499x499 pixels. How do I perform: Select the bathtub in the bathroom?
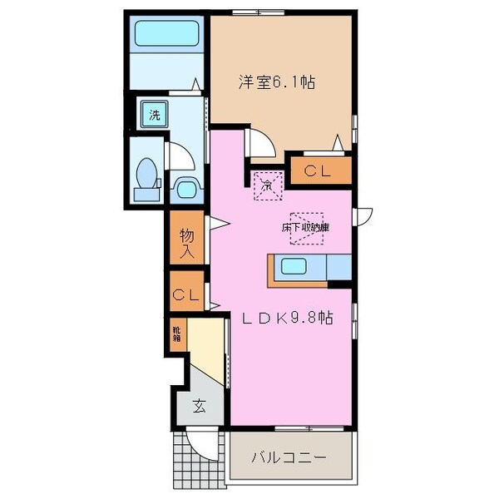(x=168, y=36)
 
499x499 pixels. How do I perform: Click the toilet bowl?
(x=146, y=176)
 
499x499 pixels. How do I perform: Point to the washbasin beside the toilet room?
(x=185, y=187)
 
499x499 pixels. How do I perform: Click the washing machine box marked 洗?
(x=154, y=113)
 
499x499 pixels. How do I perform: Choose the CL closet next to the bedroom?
(x=319, y=171)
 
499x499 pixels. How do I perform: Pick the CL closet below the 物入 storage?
(x=186, y=294)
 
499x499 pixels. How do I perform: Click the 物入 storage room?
(x=187, y=239)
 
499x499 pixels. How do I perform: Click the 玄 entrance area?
(x=200, y=406)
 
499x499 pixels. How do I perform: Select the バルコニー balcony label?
(x=289, y=457)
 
